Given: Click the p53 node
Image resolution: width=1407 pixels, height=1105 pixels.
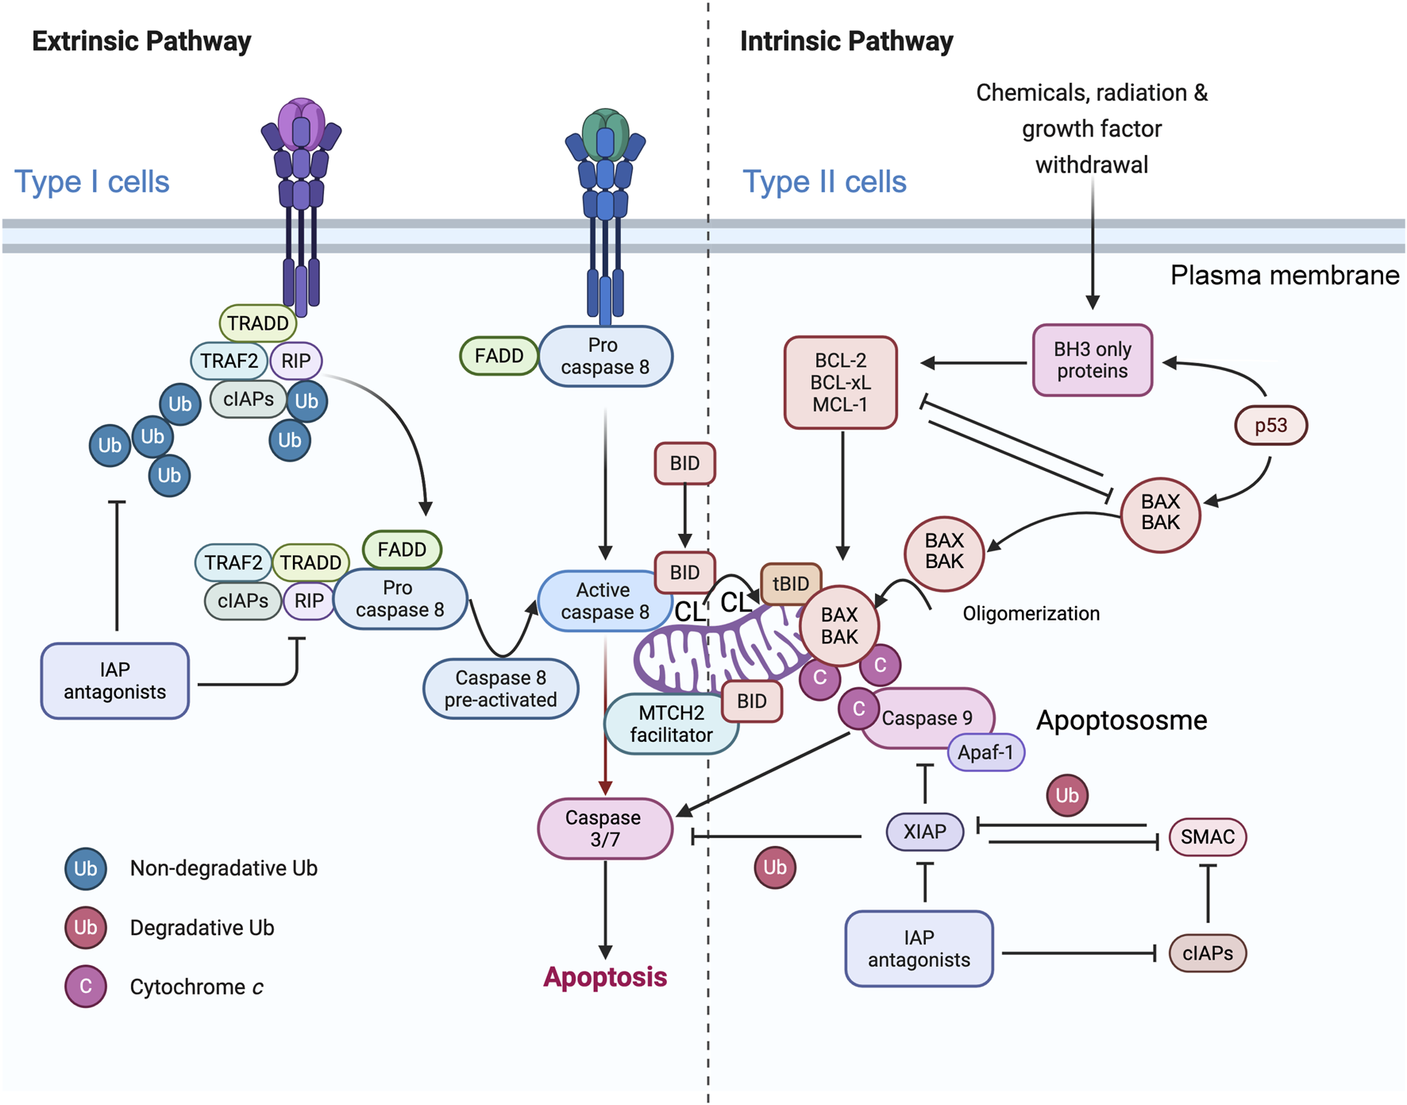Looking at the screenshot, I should coord(1270,426).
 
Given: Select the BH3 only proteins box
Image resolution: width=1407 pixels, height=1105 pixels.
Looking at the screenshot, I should coord(1092,360).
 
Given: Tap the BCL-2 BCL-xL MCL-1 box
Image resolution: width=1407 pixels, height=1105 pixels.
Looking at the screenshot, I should coord(840,382).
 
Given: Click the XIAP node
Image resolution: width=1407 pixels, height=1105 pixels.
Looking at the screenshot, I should coord(924,832).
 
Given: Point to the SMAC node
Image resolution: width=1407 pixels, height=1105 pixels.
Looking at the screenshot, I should coord(1207,836).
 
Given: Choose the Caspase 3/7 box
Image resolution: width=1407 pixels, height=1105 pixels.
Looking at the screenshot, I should coord(604,829).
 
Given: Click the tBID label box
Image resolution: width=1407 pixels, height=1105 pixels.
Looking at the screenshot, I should coord(791,584).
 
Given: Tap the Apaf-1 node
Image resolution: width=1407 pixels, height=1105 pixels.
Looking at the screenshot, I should coord(985,752).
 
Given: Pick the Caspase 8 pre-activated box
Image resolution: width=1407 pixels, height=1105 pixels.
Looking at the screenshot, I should coord(500,689).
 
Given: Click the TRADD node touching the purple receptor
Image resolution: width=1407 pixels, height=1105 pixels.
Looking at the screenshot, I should coord(257,323).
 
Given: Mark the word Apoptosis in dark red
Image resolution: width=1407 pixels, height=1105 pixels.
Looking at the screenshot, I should coord(605,977).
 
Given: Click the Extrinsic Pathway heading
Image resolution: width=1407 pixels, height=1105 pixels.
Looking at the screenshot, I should coord(141,41).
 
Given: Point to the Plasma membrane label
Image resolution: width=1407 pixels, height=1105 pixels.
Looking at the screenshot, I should coord(1284,276).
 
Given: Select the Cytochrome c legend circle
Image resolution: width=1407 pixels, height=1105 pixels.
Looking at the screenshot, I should coord(86,987).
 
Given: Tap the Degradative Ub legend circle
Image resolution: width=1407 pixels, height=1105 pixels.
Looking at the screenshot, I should coord(86,928).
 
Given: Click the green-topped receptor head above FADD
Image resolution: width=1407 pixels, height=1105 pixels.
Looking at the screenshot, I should coord(605,131).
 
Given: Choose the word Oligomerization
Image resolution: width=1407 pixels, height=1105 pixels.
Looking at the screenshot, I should coord(1031,613).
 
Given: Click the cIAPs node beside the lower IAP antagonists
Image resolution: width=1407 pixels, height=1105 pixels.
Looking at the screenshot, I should coord(1207,953).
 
